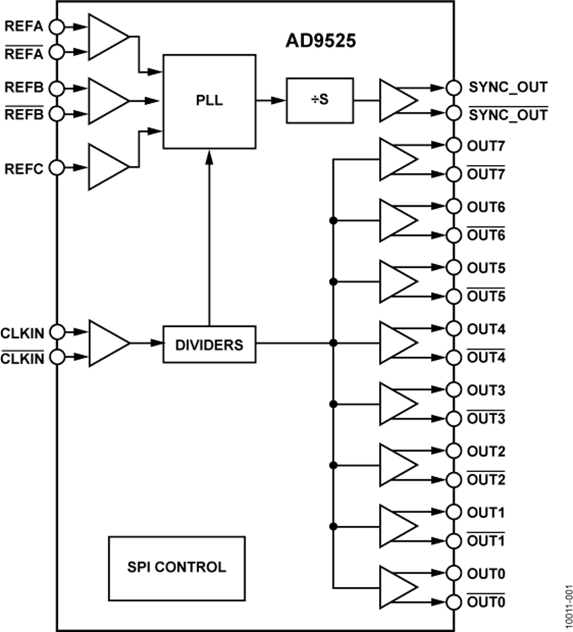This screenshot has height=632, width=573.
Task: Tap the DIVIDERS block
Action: click(209, 345)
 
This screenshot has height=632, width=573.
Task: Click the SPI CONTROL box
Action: click(176, 566)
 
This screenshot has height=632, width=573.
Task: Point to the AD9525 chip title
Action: click(320, 42)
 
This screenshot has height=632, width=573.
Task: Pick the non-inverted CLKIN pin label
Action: click(23, 331)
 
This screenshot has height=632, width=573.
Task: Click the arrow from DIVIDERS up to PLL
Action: click(209, 242)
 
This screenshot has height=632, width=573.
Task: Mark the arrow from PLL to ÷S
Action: click(271, 100)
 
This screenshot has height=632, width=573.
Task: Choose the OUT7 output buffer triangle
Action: click(396, 159)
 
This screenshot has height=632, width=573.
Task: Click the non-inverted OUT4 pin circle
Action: click(453, 329)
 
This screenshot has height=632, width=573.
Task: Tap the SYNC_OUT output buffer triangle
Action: click(396, 100)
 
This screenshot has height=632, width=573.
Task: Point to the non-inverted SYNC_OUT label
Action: click(507, 86)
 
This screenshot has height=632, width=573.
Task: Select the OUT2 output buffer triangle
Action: click(396, 465)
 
